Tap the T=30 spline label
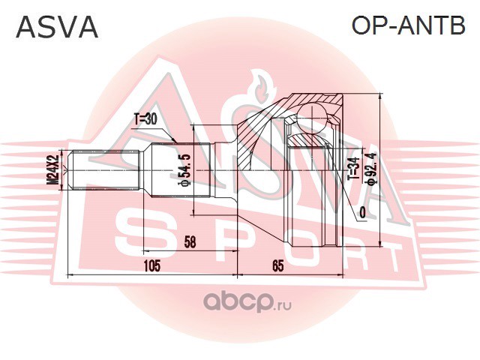click(x=145, y=118)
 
